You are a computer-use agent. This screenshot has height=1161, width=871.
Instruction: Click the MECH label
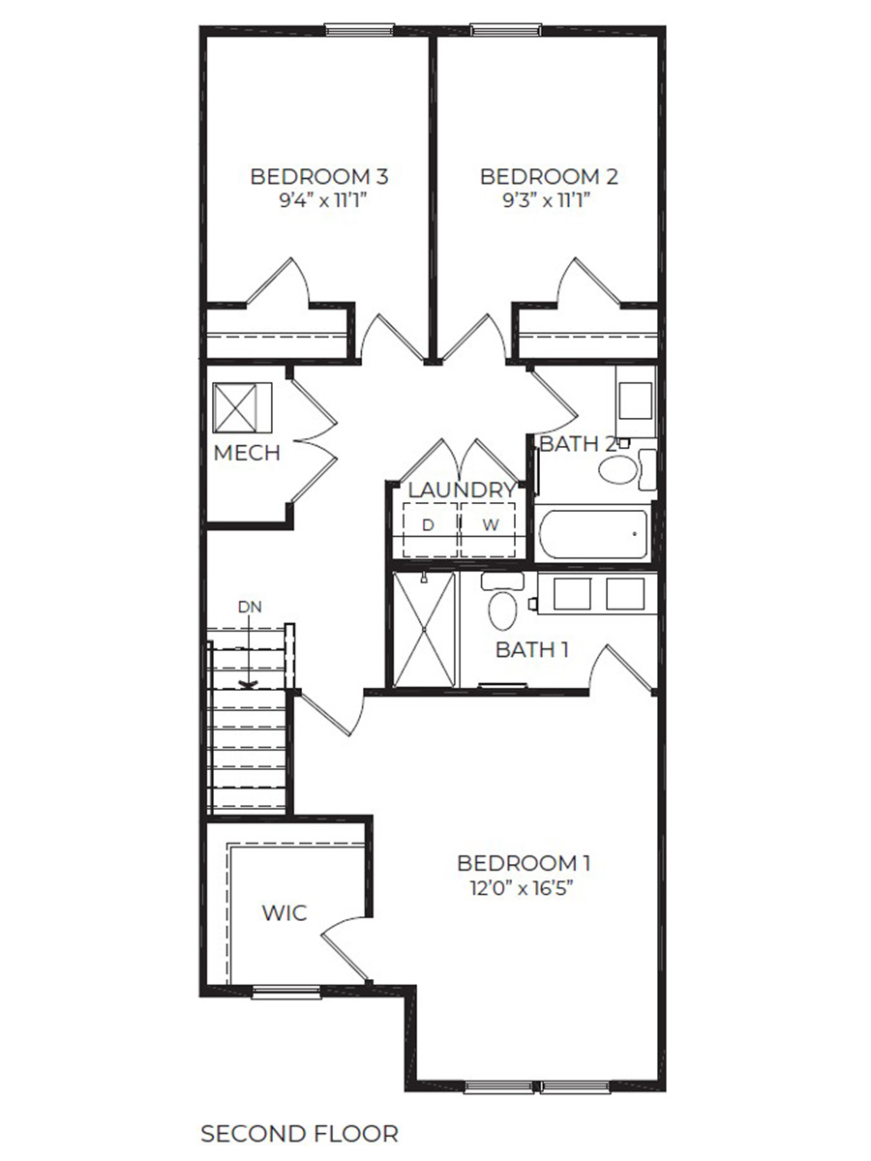click(x=247, y=453)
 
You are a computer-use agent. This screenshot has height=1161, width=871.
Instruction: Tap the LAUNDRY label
click(x=461, y=491)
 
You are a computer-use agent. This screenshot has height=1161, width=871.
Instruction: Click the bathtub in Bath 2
click(x=593, y=534)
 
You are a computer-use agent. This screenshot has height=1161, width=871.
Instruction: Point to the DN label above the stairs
click(x=250, y=606)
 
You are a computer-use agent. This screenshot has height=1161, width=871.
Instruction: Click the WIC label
click(x=285, y=912)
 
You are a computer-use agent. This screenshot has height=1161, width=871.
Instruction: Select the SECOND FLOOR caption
click(x=299, y=1133)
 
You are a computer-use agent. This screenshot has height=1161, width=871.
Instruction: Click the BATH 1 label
click(x=531, y=649)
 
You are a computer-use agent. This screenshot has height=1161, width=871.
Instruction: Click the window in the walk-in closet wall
click(x=286, y=992)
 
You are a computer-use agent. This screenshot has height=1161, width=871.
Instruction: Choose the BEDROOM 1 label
click(x=524, y=862)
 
